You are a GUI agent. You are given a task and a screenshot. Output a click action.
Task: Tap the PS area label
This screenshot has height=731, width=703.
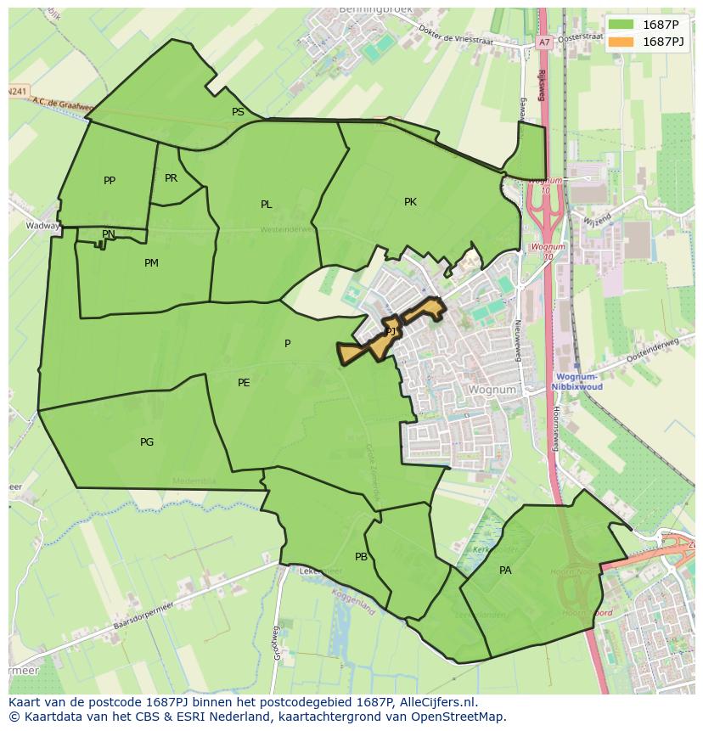[x=238, y=112]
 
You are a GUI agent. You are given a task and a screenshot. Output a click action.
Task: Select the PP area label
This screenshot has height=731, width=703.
[x=109, y=181]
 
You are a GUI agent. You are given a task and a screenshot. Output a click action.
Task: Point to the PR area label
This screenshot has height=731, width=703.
[x=171, y=178]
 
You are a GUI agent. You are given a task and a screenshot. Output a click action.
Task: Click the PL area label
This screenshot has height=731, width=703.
[x=267, y=205]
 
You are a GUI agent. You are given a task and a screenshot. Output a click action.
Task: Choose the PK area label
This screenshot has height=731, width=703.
[x=410, y=202]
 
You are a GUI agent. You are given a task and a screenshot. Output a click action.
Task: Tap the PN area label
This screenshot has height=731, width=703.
[x=109, y=234]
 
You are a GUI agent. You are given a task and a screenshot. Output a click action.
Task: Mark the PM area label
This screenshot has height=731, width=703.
[x=151, y=263]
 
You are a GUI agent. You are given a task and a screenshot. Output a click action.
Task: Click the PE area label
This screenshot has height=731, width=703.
[x=244, y=383]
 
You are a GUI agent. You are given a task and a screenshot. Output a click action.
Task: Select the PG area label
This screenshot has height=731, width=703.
[x=147, y=442]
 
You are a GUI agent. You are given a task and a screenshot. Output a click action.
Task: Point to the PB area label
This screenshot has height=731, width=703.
[x=361, y=557]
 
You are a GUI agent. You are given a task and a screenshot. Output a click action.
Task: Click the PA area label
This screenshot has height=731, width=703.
[x=505, y=571]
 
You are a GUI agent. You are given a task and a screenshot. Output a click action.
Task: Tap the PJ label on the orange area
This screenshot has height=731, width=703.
[x=391, y=332]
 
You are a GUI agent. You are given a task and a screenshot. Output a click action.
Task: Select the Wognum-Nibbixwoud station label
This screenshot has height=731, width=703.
[x=576, y=381]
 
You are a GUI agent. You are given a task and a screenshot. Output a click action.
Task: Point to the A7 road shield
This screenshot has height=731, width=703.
[x=543, y=42]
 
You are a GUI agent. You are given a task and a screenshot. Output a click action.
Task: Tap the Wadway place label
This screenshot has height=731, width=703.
[x=42, y=227]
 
